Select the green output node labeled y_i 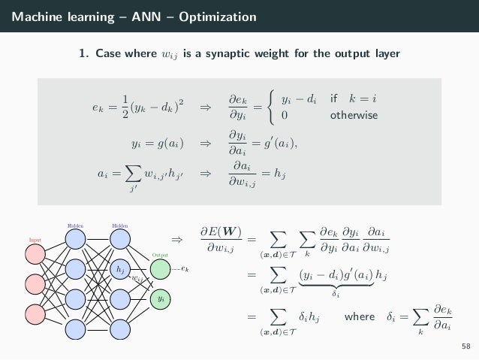coord(161,299)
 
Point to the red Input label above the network coord(35,241)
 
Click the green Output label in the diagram coord(161,255)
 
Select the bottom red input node coord(35,314)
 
